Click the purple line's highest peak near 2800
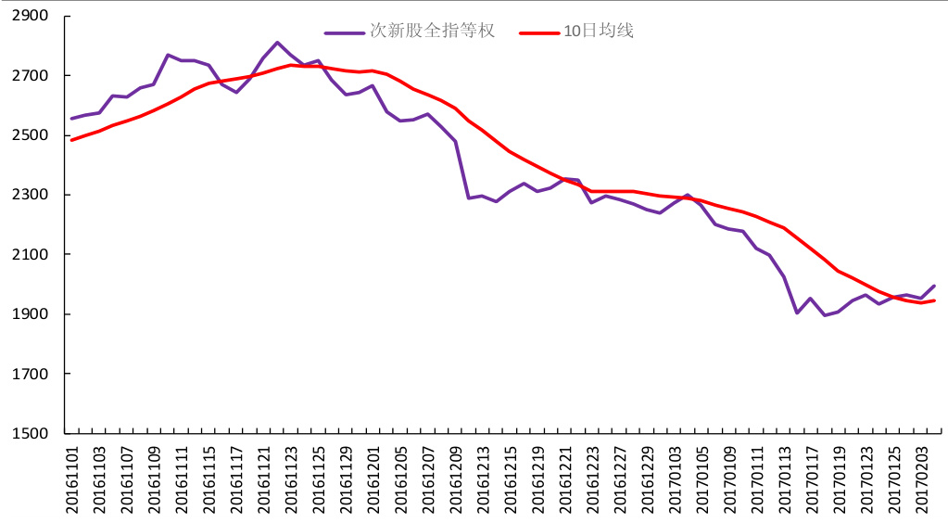pyautogui.click(x=277, y=42)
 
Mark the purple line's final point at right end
pyautogui.click(x=934, y=286)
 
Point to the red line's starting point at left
pyautogui.click(x=71, y=140)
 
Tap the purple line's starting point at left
pyautogui.click(x=71, y=119)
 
